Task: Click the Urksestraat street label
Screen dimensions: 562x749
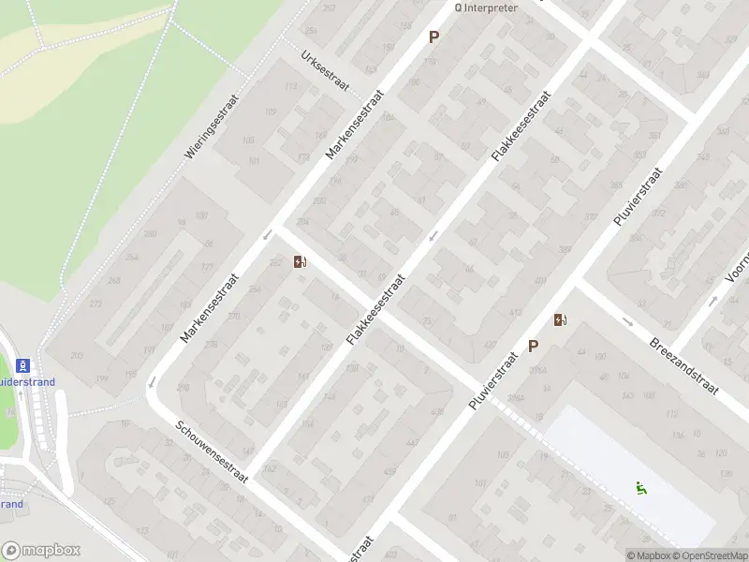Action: [x=325, y=69]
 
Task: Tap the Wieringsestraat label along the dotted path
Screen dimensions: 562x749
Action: [x=213, y=125]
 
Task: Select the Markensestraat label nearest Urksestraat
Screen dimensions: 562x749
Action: [x=355, y=125]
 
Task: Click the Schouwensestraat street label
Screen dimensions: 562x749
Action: [x=212, y=451]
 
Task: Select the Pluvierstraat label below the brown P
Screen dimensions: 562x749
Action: [x=493, y=381]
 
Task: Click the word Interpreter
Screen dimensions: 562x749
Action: [x=489, y=7]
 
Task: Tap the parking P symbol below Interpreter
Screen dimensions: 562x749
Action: [x=433, y=37]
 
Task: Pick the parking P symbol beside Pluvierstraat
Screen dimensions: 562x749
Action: [x=534, y=346]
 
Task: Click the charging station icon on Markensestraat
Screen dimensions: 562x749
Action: [x=301, y=262]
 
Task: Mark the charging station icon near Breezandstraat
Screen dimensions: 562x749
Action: [x=560, y=320]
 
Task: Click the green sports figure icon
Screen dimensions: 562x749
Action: [x=641, y=487]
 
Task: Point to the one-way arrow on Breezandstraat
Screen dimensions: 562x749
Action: [x=627, y=321]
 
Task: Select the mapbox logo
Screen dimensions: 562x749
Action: [x=41, y=551]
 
